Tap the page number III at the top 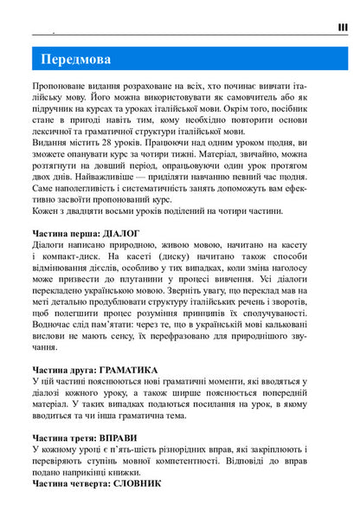coord(343,28)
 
